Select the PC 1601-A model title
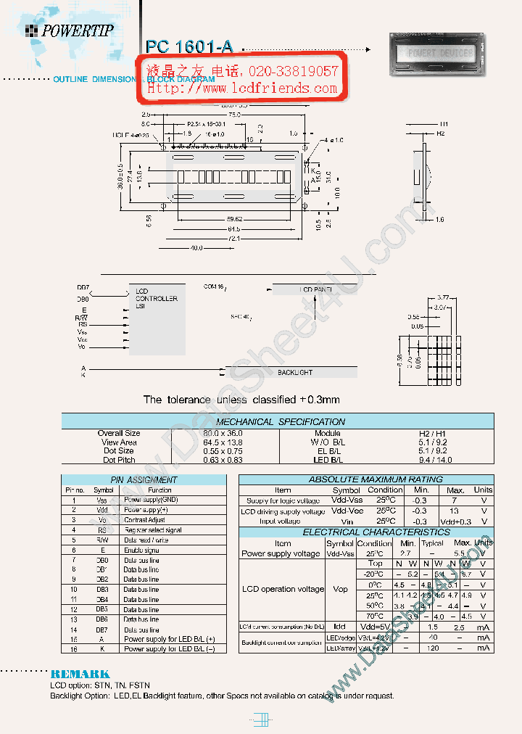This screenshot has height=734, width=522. tap(189, 47)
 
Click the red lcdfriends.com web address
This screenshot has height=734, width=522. tap(243, 88)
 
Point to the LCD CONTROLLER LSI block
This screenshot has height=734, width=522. tap(156, 299)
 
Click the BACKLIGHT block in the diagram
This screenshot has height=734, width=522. tap(295, 372)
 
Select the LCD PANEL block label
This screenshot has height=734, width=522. tap(317, 289)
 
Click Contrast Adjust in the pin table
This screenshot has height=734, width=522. tap(145, 520)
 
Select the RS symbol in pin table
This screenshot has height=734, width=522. tap(102, 530)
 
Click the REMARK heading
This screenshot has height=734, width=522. tap(80, 674)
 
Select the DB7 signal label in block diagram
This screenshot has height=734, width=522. tap(83, 288)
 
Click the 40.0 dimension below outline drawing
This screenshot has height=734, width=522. tap(196, 247)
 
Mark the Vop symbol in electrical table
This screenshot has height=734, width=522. tap(339, 589)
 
